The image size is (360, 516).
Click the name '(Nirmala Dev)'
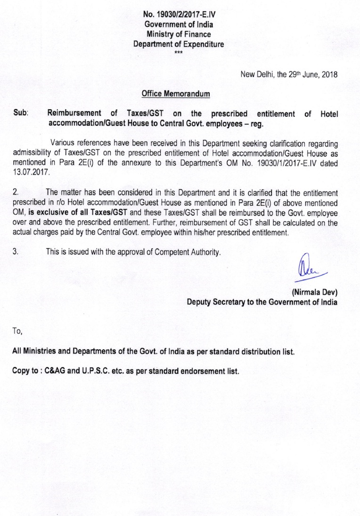315,293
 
